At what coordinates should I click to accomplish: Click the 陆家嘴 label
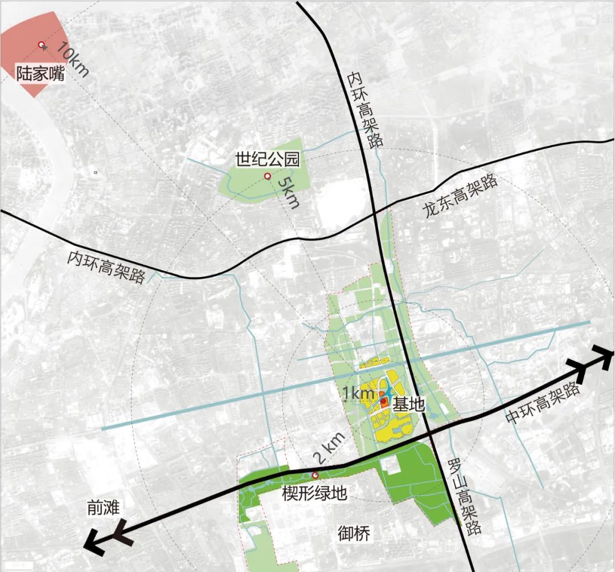[x=40, y=74]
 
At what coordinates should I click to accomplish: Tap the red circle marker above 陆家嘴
[x=41, y=44]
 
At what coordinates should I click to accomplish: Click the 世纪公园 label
[x=268, y=159]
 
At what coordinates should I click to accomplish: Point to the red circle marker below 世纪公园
[x=267, y=177]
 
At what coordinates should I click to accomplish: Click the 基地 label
[x=409, y=404]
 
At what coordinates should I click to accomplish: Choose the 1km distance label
[x=358, y=393]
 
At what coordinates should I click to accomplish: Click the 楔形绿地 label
[x=314, y=493]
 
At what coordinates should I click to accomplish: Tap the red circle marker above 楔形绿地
[x=315, y=475]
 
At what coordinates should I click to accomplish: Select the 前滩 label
[x=103, y=506]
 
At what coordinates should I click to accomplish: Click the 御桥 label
[x=354, y=534]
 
